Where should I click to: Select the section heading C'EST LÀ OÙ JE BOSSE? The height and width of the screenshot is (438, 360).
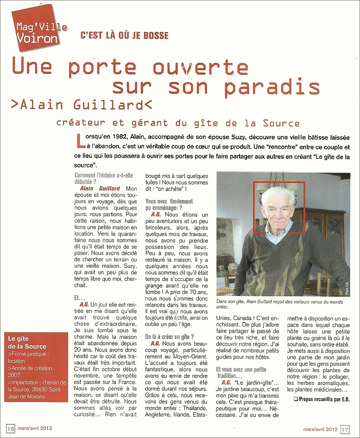(125, 36)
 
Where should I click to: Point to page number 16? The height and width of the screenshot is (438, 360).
(11, 429)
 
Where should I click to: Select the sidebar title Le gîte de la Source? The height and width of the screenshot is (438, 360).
(29, 343)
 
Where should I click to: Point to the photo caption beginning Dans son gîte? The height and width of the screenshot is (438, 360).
(279, 304)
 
